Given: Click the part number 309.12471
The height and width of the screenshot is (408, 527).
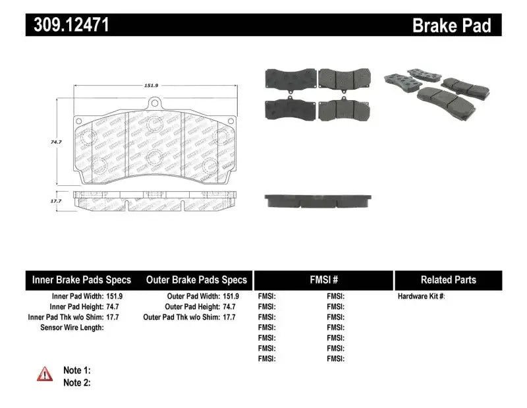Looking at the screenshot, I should click(x=67, y=25).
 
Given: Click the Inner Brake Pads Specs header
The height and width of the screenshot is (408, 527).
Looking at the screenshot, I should click(x=82, y=279).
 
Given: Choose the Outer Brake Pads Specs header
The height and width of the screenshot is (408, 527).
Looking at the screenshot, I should click(x=196, y=279).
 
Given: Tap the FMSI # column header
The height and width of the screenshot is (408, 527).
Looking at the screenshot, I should click(x=323, y=279).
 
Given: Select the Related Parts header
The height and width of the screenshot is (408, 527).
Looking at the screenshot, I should click(x=449, y=279).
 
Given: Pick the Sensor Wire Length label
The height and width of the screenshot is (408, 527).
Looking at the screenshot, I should click(x=72, y=327).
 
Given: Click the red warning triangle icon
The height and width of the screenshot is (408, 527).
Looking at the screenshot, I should click(x=45, y=374).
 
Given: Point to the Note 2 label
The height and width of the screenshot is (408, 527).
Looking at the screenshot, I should click(x=76, y=382).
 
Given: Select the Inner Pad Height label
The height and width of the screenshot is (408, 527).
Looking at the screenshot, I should click(x=76, y=306).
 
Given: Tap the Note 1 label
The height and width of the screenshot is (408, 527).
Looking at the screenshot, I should click(x=76, y=370).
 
